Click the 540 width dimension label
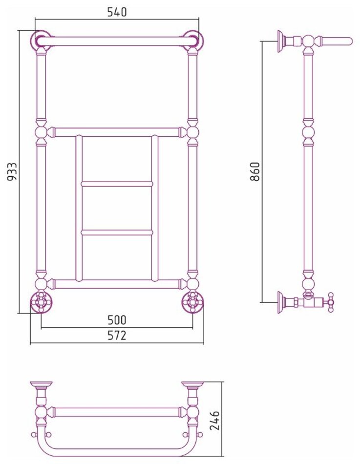[117, 12]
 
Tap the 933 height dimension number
[13, 171]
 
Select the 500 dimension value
[117, 320]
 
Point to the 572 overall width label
[117, 335]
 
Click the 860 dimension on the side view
[254, 171]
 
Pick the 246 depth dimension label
[214, 420]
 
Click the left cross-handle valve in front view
[41, 302]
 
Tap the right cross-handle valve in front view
[193, 302]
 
